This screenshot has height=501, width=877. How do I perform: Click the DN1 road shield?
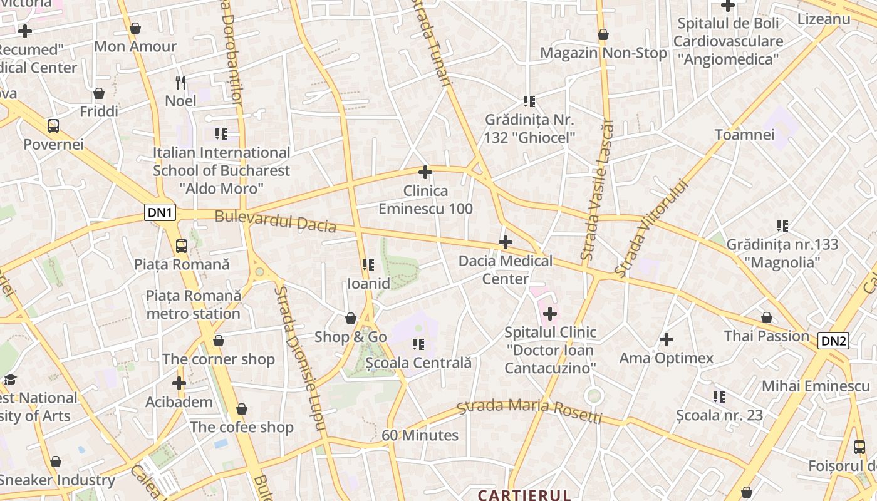[160, 212]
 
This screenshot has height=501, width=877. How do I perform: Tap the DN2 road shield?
[834, 341]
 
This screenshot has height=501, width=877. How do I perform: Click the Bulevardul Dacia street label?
[276, 222]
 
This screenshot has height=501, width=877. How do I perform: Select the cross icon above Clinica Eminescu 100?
[425, 172]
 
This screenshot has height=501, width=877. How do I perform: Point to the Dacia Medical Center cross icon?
[506, 242]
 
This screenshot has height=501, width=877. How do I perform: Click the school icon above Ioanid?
[368, 265]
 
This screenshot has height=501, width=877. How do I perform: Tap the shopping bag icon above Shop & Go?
[351, 319]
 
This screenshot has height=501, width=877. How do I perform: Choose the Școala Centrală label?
[418, 363]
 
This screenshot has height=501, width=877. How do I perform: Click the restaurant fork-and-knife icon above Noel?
[180, 82]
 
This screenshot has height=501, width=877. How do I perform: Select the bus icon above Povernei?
[53, 126]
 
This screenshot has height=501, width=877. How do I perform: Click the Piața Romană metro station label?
[193, 304]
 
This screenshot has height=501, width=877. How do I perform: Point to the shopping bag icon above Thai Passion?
[767, 318]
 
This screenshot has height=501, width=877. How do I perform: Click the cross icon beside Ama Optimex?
[667, 339]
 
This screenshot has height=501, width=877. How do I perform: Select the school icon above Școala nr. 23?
[719, 396]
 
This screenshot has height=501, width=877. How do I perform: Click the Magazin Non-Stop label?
[603, 53]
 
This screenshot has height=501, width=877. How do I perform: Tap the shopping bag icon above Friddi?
[99, 94]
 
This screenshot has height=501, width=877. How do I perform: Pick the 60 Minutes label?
[420, 435]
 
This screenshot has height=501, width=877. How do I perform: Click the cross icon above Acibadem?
[179, 383]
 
